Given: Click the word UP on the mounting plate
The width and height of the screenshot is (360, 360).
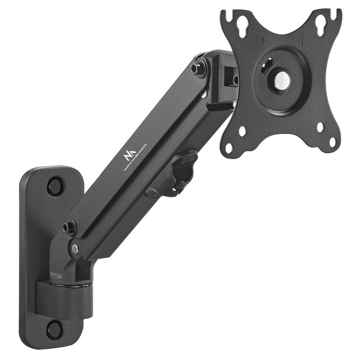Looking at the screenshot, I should [x=262, y=41].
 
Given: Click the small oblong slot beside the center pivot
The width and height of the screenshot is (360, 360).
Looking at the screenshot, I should [x=267, y=65].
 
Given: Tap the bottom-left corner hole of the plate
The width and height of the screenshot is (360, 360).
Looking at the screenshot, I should [x=229, y=148].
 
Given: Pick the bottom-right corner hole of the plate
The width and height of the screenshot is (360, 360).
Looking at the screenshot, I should [x=333, y=142].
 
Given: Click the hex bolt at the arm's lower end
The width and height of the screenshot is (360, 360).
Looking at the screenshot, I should [x=70, y=227].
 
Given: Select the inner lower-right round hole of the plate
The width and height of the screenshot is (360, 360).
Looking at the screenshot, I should [x=320, y=127].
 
